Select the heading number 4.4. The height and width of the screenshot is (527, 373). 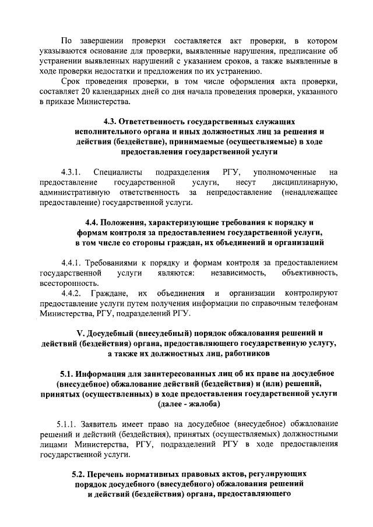(93, 222)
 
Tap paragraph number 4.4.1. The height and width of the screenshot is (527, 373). (73, 262)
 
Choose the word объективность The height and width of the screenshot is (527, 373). (309, 272)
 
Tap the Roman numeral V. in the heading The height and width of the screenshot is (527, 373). (81, 333)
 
